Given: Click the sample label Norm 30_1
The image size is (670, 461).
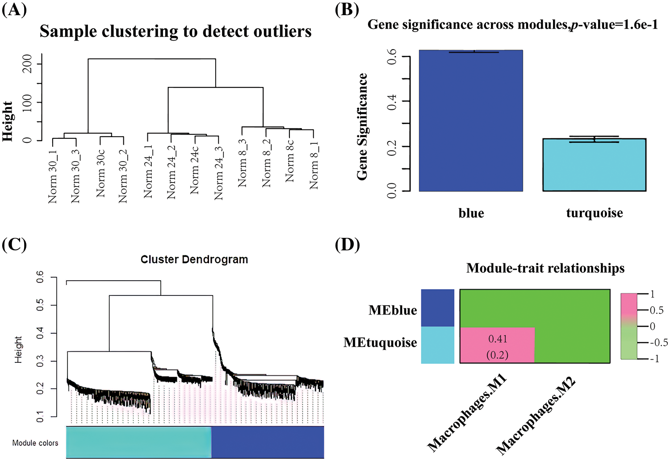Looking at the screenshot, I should coord(53,176).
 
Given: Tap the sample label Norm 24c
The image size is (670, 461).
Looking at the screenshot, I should coord(194,170).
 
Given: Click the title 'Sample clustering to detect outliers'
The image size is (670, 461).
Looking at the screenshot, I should coord(176,31).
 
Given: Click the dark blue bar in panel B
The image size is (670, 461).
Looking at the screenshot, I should coord(471,120).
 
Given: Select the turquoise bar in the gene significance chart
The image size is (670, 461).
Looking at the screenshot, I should coord(594,165).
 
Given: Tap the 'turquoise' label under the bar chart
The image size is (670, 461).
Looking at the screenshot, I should coord(594,213).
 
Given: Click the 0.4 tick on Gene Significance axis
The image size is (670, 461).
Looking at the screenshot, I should coord(392,101).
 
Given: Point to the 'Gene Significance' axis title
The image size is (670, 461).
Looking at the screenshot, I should coord(362,127).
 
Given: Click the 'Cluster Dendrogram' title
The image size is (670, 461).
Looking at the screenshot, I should coord(194,259).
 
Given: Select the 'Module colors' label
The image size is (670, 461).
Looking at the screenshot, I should coord(35,443).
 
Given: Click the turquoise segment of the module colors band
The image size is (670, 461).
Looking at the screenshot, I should coord(138,442).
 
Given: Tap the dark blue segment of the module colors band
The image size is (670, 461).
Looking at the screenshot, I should coord(268,442).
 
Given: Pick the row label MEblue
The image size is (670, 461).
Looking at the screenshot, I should coord(393,310).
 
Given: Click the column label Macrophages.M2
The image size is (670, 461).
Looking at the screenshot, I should coord(536,415).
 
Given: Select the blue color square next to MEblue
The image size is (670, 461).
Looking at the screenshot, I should coord(437,308).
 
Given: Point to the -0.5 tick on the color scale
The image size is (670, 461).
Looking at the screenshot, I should coord(658,342).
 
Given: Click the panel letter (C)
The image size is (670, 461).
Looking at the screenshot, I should coord(14,245).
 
